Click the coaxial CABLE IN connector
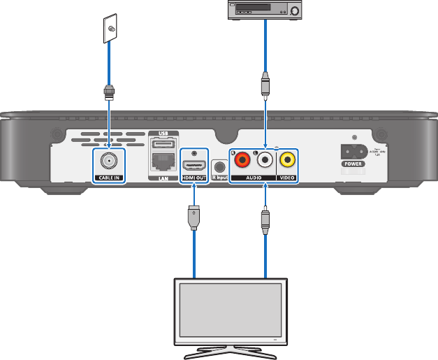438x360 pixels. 109,162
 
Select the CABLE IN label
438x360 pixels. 108,178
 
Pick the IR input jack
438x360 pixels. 220,167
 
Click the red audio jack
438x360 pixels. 242,161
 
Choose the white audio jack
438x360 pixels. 265,161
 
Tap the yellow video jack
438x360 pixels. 286,161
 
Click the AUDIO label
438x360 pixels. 254,178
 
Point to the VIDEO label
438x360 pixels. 286,178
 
